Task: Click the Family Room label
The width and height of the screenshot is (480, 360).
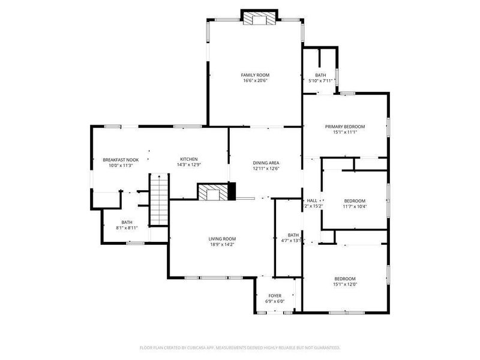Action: [x=255, y=75]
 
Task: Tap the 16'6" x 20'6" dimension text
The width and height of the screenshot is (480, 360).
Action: [x=255, y=81]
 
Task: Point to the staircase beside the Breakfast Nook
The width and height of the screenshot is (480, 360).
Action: [x=159, y=199]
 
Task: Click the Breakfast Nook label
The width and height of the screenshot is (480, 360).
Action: [x=120, y=160]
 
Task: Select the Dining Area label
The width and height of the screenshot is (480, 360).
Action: [x=266, y=163]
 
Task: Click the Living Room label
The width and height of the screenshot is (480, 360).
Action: [x=222, y=238]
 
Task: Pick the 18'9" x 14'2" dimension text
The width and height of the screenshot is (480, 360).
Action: [x=222, y=244]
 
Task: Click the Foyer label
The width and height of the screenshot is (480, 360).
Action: [x=274, y=295]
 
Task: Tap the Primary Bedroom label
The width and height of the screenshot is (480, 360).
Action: [x=345, y=127]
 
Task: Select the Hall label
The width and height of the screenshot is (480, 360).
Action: [x=312, y=200]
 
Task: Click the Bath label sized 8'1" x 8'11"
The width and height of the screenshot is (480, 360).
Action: [x=127, y=222]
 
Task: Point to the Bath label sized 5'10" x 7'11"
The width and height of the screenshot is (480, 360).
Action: [x=320, y=75]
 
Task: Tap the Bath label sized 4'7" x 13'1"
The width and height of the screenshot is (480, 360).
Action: [x=293, y=235]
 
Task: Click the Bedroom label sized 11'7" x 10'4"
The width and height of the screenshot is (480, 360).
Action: [x=354, y=201]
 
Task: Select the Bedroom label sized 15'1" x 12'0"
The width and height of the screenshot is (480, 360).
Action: [x=345, y=279]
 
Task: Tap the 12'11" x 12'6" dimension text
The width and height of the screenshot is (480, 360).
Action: [x=266, y=169]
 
